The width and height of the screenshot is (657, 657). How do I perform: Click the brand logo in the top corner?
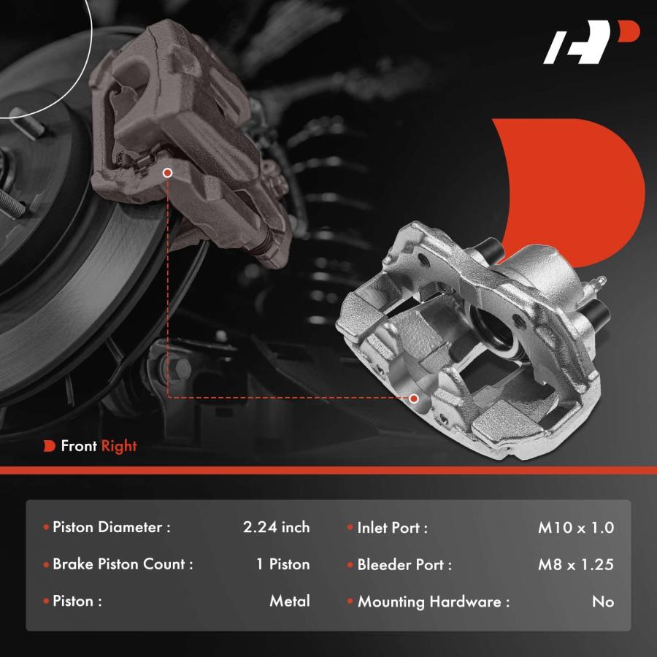(591, 42)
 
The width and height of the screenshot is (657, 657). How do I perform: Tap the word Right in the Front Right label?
(119, 446)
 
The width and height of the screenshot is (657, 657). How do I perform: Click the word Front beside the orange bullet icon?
(79, 445)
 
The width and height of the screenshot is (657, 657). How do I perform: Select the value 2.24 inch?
(276, 527)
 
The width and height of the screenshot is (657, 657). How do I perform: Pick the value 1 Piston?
(283, 564)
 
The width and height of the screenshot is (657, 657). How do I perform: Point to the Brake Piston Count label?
(123, 564)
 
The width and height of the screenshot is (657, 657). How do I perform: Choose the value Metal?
(290, 601)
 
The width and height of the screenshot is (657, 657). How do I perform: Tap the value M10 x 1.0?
(576, 528)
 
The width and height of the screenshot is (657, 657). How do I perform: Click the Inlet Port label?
(392, 528)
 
